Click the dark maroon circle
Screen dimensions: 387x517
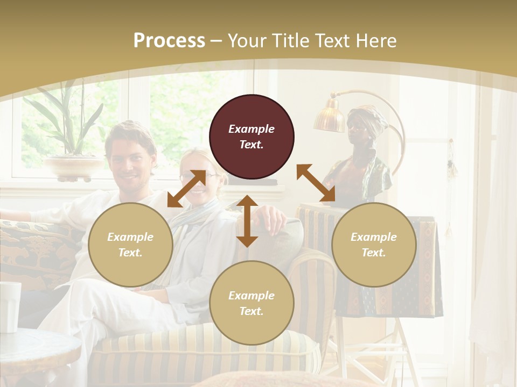[x=251, y=137]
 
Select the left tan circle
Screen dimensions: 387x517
[x=130, y=245]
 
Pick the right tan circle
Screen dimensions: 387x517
[x=374, y=245]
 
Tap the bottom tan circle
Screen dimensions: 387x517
[x=251, y=303]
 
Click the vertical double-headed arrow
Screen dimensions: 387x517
[x=247, y=221]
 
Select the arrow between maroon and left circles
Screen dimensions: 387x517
[x=186, y=189]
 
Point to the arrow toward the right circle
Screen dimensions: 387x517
[x=316, y=183]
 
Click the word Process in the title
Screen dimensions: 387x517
[x=169, y=40]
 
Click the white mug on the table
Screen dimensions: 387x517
[x=9, y=306]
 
